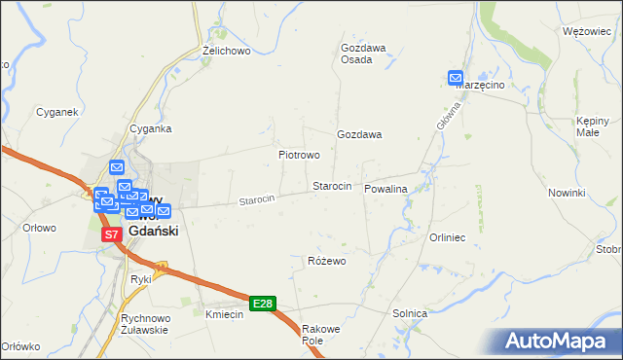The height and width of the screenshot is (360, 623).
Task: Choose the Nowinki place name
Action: pos(566,193)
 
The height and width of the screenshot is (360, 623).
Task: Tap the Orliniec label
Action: pos(449,237)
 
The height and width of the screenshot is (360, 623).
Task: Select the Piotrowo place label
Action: pos(299,155)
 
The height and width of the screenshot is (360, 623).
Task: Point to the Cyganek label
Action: pos(56,112)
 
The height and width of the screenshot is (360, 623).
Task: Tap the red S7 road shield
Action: pos(112,234)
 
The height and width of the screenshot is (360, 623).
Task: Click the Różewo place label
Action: pos(327,261)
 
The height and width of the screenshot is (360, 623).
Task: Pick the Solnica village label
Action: pos(410,313)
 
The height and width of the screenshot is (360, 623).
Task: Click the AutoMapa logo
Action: pos(560,342)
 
